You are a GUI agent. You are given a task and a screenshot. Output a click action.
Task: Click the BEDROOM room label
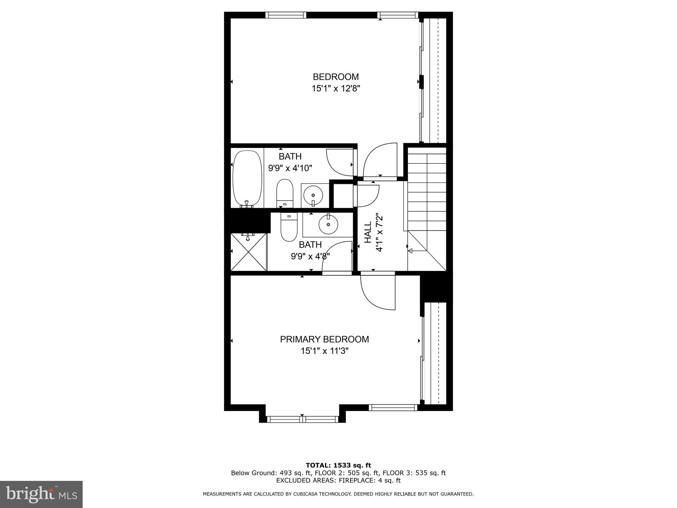336,77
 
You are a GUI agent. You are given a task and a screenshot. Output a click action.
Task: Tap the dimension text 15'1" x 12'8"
336,89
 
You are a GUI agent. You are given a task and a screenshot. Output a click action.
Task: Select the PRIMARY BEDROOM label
324,339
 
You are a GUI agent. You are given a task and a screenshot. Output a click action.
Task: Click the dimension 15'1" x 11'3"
324,351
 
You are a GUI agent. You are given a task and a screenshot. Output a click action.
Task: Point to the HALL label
368,232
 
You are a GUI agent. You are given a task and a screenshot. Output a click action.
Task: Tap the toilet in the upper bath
285,193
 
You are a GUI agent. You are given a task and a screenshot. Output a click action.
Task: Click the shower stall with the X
249,252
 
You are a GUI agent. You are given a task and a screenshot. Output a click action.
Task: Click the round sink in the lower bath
328,225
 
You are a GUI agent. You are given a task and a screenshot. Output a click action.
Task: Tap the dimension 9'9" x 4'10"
290,168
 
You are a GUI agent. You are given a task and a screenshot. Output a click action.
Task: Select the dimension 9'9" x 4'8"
310,256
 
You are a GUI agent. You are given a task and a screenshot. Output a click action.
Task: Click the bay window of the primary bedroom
302,419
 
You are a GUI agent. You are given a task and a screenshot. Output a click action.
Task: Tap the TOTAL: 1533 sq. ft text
338,465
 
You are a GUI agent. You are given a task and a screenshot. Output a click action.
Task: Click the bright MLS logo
41,494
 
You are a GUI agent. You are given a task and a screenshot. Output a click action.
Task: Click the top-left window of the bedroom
286,15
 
